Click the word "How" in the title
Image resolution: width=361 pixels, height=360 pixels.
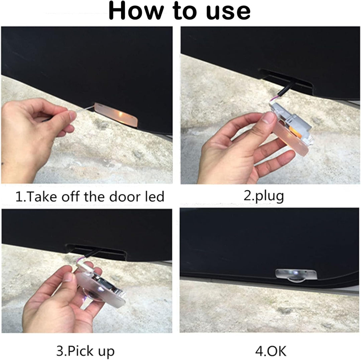tap(136, 11)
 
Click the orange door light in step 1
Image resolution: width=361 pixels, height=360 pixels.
tap(116, 114)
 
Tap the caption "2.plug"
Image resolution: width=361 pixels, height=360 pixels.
tap(264, 197)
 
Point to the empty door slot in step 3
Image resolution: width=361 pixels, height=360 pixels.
tap(96, 252)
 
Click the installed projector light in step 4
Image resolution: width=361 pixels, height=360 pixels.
tap(296, 275)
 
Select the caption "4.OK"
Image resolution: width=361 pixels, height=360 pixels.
tap(271, 351)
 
